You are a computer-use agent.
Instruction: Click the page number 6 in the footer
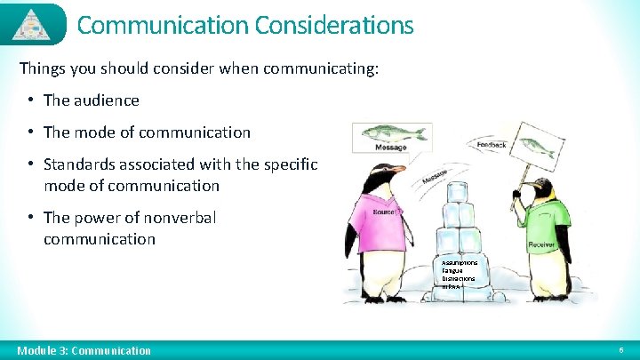click(620, 350)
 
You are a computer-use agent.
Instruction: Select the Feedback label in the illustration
click(492, 144)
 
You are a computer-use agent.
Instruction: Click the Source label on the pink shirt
click(384, 213)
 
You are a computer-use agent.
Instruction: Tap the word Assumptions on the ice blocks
click(459, 263)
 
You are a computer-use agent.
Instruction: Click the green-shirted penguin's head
click(539, 188)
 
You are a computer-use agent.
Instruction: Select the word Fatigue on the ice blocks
click(453, 271)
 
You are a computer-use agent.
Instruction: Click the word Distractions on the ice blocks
click(459, 279)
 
